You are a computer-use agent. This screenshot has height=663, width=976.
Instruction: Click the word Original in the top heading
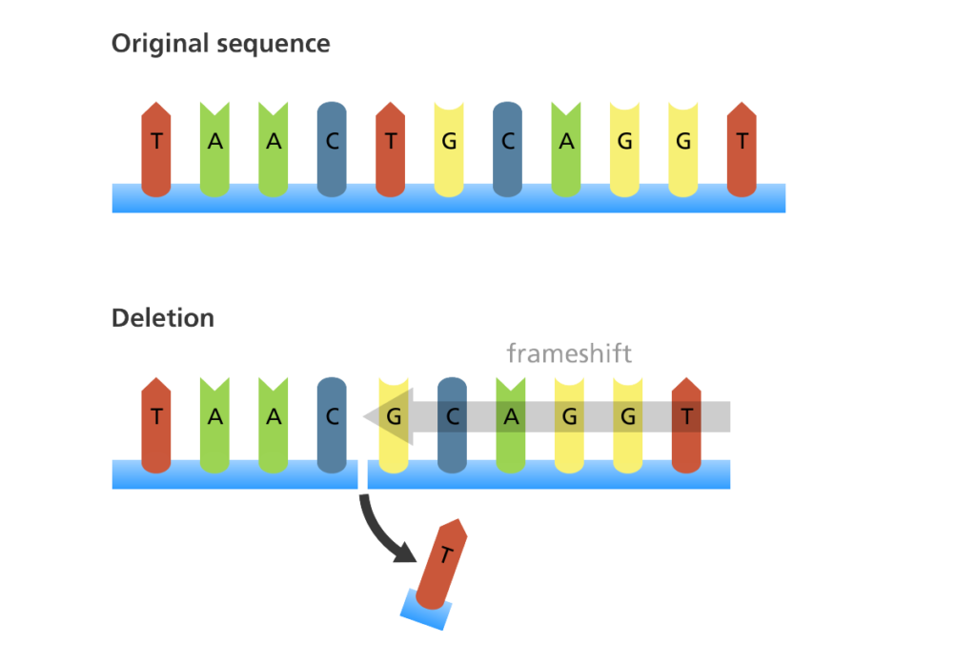click(x=160, y=44)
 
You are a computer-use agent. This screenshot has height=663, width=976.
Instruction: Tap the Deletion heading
click(x=163, y=318)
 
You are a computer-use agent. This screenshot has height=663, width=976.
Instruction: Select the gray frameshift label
click(x=569, y=353)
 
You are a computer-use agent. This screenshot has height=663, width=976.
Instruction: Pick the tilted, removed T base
click(x=441, y=564)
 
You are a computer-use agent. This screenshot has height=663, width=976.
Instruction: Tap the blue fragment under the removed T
click(x=426, y=611)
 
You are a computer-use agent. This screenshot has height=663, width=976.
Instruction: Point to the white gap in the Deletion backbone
click(x=363, y=474)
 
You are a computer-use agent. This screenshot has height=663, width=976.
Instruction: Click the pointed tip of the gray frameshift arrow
click(x=363, y=416)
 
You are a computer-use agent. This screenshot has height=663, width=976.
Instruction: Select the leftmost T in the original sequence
click(x=156, y=150)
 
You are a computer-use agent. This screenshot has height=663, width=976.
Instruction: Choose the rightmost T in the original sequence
click(x=742, y=150)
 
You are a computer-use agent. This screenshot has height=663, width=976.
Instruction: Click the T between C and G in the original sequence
click(x=390, y=150)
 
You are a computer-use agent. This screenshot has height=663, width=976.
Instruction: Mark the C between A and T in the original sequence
click(x=332, y=150)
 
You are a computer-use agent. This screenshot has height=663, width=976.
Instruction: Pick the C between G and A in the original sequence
click(x=507, y=150)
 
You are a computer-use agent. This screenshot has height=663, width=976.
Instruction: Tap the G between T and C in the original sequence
click(x=449, y=151)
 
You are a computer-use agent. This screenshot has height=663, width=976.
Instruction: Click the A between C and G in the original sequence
click(x=566, y=151)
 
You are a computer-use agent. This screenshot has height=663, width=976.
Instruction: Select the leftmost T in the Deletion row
click(x=156, y=426)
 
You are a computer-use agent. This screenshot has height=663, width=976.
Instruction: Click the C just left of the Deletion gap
click(x=332, y=426)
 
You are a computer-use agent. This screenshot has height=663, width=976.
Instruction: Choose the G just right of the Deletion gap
click(x=394, y=426)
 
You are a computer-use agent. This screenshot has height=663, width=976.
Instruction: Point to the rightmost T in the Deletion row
click(x=686, y=426)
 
